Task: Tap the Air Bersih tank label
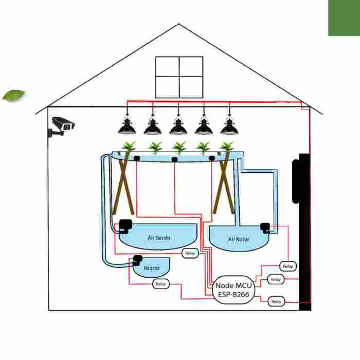click(x=158, y=238)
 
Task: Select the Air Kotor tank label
click(x=239, y=240)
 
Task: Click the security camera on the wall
click(x=62, y=125)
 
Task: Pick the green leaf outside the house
click(x=14, y=95)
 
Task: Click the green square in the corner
click(x=344, y=17)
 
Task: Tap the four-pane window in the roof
click(x=179, y=77)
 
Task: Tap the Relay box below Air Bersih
click(x=190, y=254)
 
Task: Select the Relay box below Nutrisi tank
click(x=160, y=284)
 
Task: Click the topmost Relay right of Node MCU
click(x=288, y=266)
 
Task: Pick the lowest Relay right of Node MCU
click(x=276, y=301)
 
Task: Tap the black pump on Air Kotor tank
click(x=265, y=227)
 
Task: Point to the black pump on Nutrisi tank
click(x=137, y=259)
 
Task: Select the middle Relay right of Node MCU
click(x=276, y=279)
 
